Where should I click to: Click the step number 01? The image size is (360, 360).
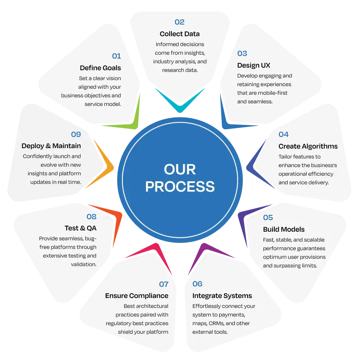tap(116, 56)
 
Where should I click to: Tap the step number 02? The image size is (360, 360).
tap(180, 22)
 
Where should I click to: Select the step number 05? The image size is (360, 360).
tap(268, 217)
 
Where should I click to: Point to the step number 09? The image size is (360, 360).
tap(76, 134)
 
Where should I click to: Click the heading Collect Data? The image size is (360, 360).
tap(180, 34)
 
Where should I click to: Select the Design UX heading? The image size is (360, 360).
tap(254, 65)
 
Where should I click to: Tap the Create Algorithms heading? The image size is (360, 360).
tap(308, 146)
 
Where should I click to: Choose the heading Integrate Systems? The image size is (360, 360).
tap(222, 296)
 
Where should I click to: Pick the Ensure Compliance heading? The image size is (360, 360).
tap(137, 296)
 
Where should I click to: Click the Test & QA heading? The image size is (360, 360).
tap(81, 228)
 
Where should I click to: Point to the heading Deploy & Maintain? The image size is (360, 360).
tap(51, 146)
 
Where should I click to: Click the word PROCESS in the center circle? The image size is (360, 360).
tap(180, 186)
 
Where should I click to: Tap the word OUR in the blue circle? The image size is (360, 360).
tap(180, 169)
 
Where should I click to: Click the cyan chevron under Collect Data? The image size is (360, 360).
tap(180, 100)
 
